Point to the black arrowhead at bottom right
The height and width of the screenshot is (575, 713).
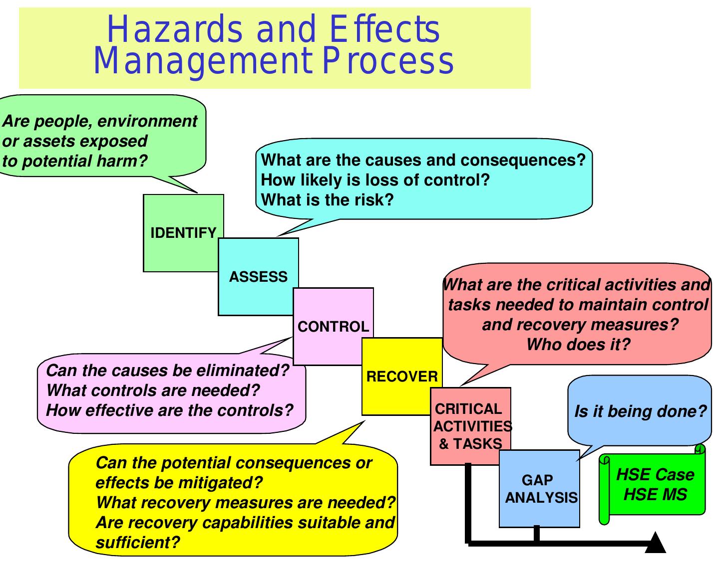[x=656, y=544]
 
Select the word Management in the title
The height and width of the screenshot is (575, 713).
[x=203, y=61]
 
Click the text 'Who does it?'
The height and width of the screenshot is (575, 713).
[x=578, y=344]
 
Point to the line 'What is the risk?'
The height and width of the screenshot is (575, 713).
[x=328, y=200]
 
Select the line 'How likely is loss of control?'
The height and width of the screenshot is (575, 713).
[x=375, y=180]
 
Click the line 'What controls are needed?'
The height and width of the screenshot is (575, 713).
[x=153, y=390]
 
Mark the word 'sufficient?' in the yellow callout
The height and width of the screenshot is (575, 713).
[x=137, y=543]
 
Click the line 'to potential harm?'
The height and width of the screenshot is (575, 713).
[x=75, y=161]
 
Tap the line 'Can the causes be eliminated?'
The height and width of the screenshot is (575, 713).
[x=167, y=371]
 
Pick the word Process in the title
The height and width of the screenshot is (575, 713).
[x=387, y=61]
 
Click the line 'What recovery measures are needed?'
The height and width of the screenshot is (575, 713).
[x=245, y=503]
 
